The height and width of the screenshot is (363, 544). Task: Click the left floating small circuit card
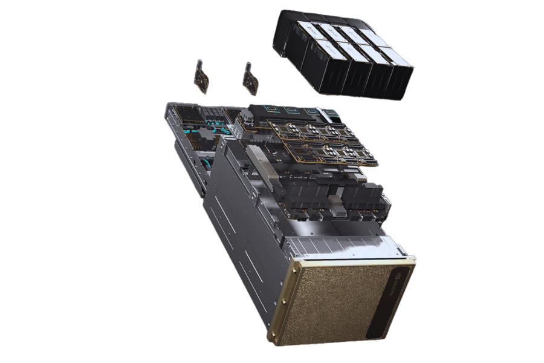202,76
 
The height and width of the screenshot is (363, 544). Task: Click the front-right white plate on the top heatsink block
397,59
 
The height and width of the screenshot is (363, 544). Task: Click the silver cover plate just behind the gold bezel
338,246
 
